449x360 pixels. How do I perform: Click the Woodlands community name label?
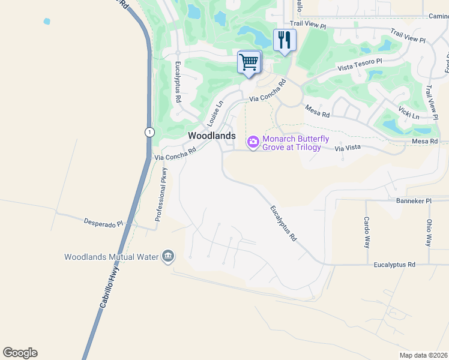click(212, 136)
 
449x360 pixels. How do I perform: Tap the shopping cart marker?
click(249, 62)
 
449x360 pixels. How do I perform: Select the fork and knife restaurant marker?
click(285, 40)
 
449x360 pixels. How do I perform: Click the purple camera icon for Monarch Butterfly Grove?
click(253, 142)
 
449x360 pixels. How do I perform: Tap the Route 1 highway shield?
click(149, 132)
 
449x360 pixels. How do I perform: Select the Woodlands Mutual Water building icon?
click(168, 257)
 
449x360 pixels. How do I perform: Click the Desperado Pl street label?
click(103, 223)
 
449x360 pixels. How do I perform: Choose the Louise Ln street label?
click(215, 112)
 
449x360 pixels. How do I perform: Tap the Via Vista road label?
click(348, 147)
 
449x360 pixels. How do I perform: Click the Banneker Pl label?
click(414, 201)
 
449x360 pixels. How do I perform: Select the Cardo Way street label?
click(366, 232)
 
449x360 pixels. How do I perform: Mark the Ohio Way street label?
click(429, 232)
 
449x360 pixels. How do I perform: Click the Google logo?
click(20, 353)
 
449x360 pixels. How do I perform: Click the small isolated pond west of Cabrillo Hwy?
click(47, 22)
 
